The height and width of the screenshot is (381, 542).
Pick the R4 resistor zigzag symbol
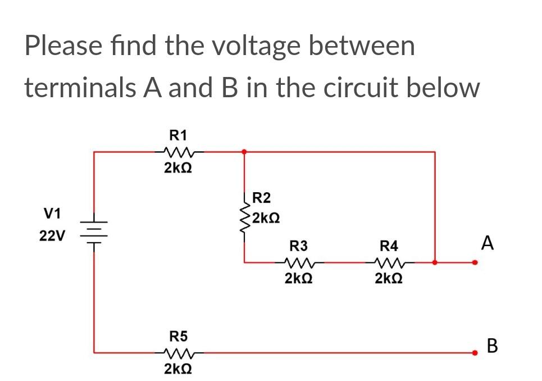tap(389, 262)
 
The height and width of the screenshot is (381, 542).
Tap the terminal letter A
tap(488, 244)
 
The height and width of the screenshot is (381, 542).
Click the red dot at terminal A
tap(475, 262)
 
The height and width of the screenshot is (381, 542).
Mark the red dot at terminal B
tap(475, 353)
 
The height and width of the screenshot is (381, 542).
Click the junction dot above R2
tap(244, 151)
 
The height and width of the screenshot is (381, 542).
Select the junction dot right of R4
tap(435, 262)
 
